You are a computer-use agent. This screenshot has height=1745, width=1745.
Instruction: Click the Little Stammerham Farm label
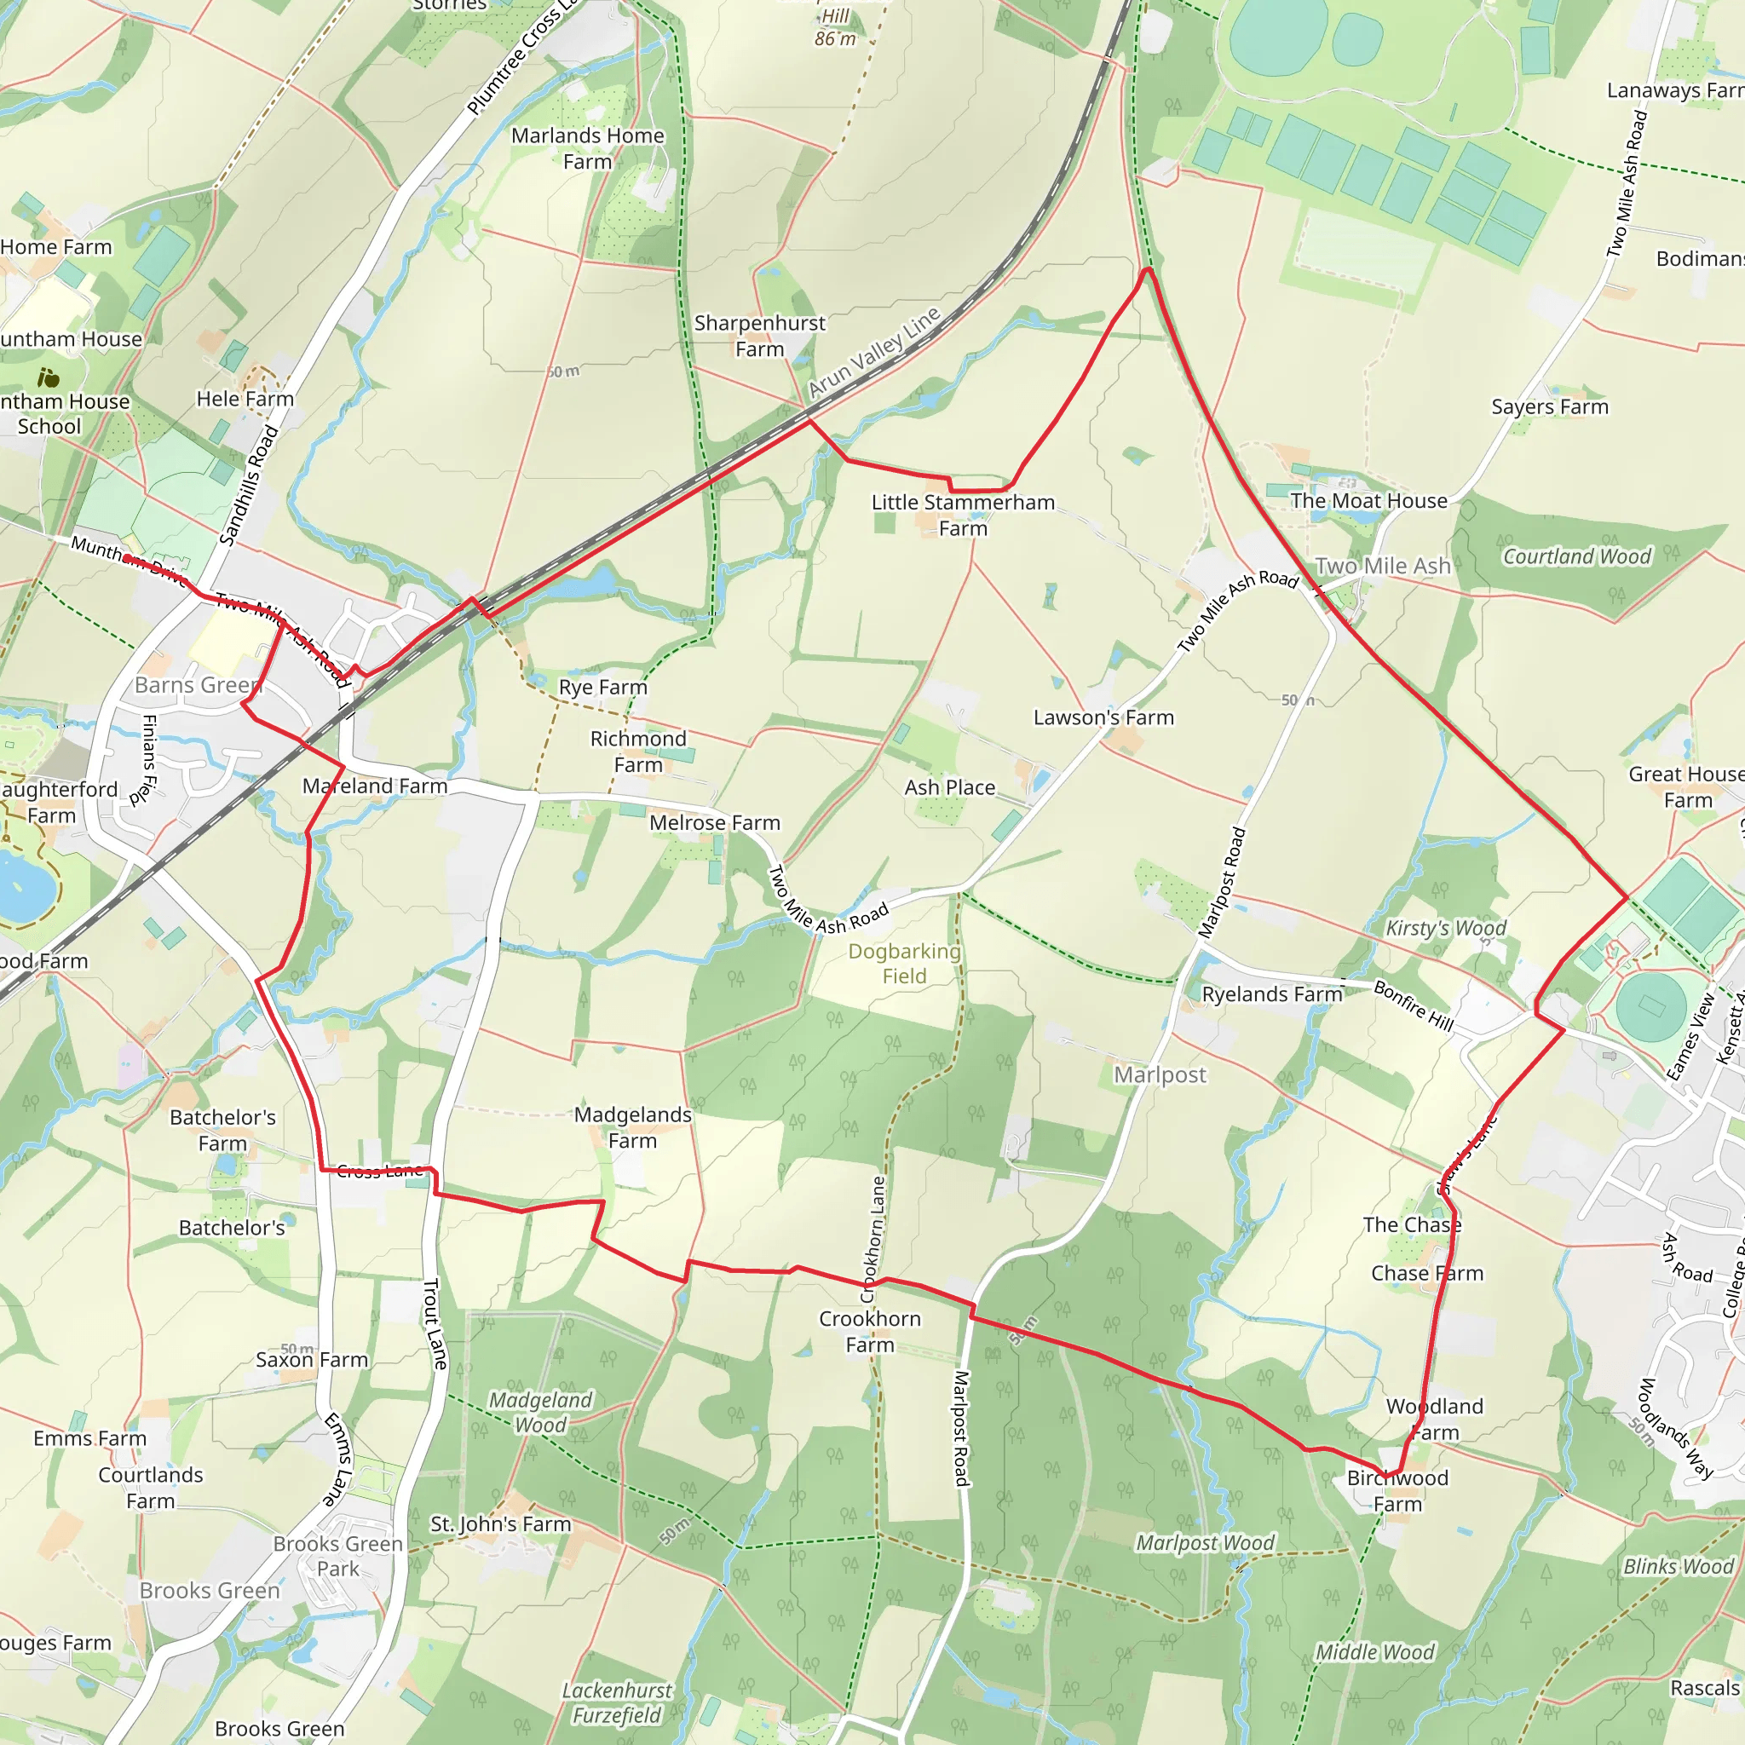tap(963, 515)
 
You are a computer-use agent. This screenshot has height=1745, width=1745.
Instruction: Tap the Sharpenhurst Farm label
tap(759, 336)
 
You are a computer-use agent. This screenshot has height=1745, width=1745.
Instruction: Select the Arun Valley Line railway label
tap(873, 352)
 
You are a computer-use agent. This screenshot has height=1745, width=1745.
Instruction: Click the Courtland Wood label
tap(1576, 556)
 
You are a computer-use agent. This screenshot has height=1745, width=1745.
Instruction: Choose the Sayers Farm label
tap(1550, 406)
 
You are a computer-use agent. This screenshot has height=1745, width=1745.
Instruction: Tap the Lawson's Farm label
tap(1103, 717)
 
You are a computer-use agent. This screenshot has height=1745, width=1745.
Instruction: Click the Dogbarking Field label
tap(904, 963)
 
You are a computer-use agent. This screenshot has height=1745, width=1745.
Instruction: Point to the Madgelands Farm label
tap(633, 1127)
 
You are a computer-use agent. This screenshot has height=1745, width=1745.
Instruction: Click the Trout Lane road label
tap(435, 1324)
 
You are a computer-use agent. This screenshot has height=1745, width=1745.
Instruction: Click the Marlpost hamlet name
tap(1160, 1074)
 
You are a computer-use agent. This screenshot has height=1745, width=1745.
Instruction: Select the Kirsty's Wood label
tap(1446, 928)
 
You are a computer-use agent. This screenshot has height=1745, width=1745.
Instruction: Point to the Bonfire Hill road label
tap(1414, 1005)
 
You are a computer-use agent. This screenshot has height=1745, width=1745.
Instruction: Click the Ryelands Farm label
tap(1272, 994)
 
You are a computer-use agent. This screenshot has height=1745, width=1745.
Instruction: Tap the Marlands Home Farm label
tap(588, 148)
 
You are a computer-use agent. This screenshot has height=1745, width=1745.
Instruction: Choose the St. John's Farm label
tap(500, 1523)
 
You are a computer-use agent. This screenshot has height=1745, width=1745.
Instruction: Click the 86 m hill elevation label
tap(834, 39)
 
